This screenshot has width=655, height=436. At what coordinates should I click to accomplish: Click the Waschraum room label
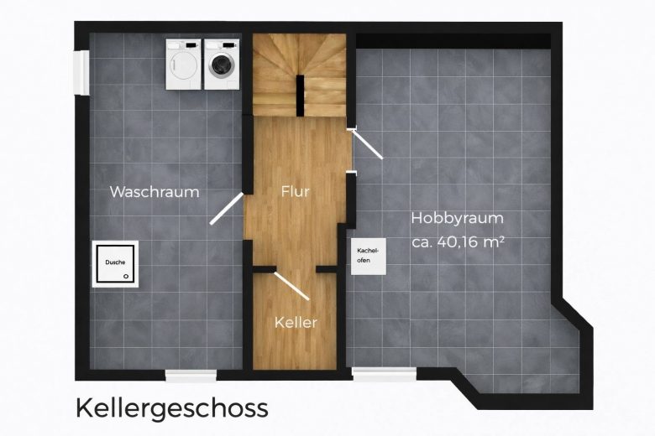(x=155, y=192)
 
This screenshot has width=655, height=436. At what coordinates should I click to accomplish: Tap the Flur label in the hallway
(x=296, y=191)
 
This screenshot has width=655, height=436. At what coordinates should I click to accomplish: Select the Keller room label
(x=296, y=323)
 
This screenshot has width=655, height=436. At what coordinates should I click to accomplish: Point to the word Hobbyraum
(x=458, y=219)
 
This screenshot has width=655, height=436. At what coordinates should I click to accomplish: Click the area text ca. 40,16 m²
(x=458, y=242)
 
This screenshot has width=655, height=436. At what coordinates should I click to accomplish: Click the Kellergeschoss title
(x=172, y=407)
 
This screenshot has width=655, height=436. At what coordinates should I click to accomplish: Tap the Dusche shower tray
(x=115, y=263)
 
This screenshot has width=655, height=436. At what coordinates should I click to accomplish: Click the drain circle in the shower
(x=126, y=276)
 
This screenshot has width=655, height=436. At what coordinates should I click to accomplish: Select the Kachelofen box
(x=368, y=257)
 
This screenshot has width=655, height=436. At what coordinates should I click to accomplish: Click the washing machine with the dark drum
(x=222, y=65)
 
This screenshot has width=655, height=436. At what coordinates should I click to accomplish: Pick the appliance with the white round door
(x=183, y=65)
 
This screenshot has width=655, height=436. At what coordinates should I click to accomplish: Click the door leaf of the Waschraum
(x=227, y=209)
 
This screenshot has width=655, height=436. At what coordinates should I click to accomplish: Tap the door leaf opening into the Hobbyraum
(x=367, y=144)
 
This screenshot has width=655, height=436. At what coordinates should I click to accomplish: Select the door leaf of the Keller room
(x=291, y=286)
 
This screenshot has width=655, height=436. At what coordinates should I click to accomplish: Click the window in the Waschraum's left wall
(x=81, y=72)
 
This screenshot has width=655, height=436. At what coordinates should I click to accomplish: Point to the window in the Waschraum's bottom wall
(x=191, y=375)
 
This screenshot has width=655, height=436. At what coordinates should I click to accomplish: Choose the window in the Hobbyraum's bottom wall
(x=384, y=374)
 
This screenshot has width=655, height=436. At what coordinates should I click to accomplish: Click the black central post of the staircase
(x=300, y=96)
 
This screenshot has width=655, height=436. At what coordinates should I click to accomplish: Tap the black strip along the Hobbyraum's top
(x=453, y=41)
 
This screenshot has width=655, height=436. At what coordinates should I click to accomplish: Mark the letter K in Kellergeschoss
(x=83, y=407)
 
